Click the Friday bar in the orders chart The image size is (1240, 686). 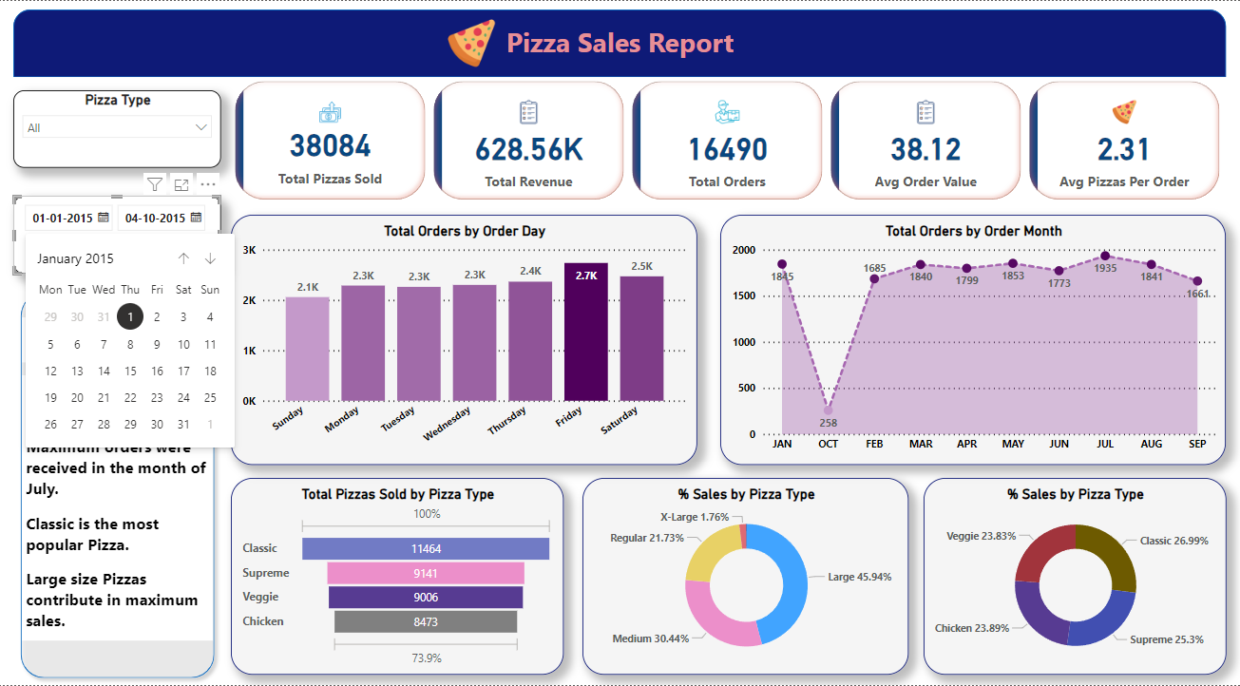click(585, 333)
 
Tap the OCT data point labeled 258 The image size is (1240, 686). click(828, 411)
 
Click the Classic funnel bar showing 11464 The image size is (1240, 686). click(426, 549)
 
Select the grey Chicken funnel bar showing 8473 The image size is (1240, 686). click(426, 621)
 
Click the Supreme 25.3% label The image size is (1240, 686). click(1166, 639)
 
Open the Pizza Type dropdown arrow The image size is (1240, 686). click(200, 127)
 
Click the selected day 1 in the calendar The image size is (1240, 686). click(130, 317)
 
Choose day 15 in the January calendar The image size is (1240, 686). click(130, 372)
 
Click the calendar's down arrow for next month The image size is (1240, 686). click(210, 258)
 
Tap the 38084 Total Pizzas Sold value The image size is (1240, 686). click(330, 145)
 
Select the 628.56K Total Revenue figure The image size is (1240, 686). click(529, 149)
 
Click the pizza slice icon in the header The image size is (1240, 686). click(471, 44)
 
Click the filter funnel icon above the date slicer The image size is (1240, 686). click(155, 183)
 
